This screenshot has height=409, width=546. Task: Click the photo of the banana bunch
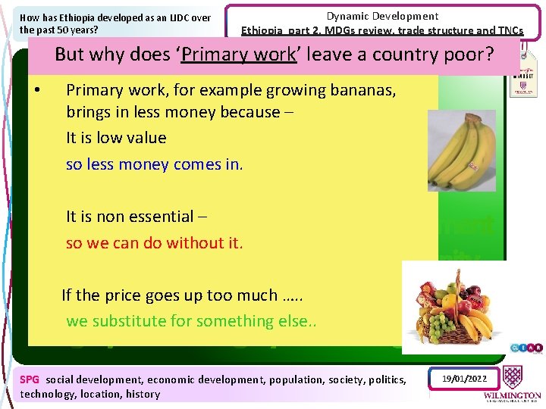point(461,151)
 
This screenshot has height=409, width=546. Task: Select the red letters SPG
point(30,379)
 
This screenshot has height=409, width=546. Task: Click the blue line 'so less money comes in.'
point(154,164)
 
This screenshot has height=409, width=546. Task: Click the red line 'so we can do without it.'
point(154,243)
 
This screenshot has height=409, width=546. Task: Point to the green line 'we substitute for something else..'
point(190,321)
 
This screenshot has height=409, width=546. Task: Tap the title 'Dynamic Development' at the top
point(382,16)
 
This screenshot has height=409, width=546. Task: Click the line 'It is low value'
point(116,138)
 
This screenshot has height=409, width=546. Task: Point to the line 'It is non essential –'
point(136,217)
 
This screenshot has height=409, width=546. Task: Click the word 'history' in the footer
point(143,394)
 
